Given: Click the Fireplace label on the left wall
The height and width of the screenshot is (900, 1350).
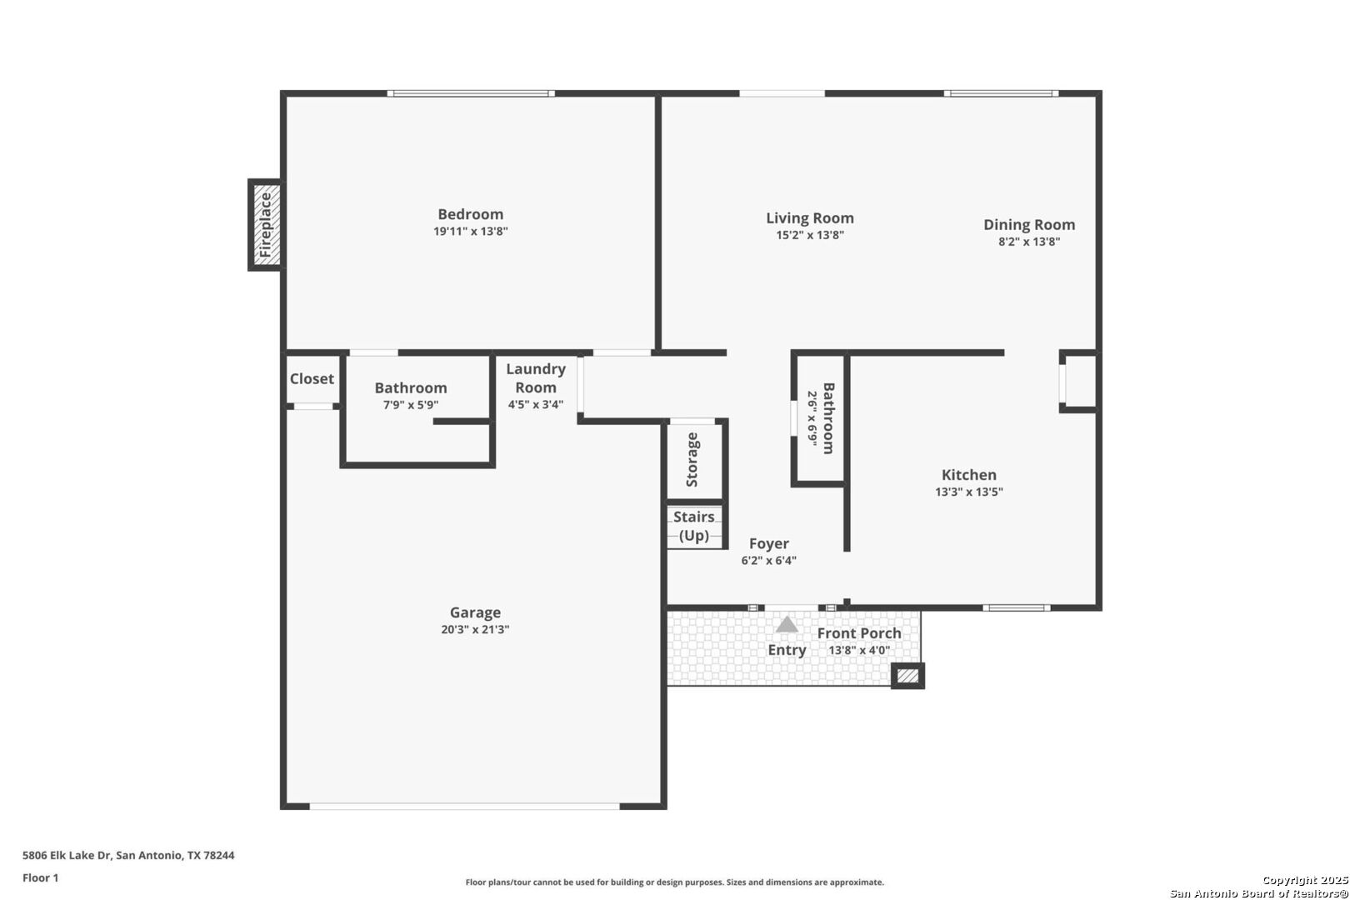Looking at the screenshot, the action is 266,225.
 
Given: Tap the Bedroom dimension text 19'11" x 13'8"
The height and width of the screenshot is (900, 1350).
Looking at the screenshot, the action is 471,232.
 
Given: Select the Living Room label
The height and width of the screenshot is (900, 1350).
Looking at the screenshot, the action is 810,218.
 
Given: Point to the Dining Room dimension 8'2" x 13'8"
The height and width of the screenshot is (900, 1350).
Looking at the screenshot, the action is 1029,242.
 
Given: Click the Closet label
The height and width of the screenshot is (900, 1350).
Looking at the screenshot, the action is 312,378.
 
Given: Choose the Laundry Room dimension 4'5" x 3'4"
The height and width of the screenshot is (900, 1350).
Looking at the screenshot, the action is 536,404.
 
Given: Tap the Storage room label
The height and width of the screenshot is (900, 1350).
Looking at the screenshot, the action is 692,460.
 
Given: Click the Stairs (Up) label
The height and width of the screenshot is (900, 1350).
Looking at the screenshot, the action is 693,527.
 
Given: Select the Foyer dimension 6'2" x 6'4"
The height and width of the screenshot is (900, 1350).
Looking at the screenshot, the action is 769,561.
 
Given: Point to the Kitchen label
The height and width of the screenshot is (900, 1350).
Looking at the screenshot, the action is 969,475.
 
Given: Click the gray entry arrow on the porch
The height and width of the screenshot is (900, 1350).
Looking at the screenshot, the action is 787,624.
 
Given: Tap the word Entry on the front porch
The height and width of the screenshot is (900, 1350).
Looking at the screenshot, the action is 787,651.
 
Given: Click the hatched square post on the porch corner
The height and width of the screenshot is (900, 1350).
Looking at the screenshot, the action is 907,676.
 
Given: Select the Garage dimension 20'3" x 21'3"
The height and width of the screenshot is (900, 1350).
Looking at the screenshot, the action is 476,630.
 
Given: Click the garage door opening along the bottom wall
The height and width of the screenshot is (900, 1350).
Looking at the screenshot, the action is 465,806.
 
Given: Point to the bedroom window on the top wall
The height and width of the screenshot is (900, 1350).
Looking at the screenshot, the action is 471,93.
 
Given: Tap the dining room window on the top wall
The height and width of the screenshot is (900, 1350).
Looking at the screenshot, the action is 1001,93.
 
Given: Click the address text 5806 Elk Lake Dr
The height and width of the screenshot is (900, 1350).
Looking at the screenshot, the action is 67,855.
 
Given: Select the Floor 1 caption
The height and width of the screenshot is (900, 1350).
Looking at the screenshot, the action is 40,878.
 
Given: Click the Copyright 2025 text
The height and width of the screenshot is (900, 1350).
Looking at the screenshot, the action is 1305,881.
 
